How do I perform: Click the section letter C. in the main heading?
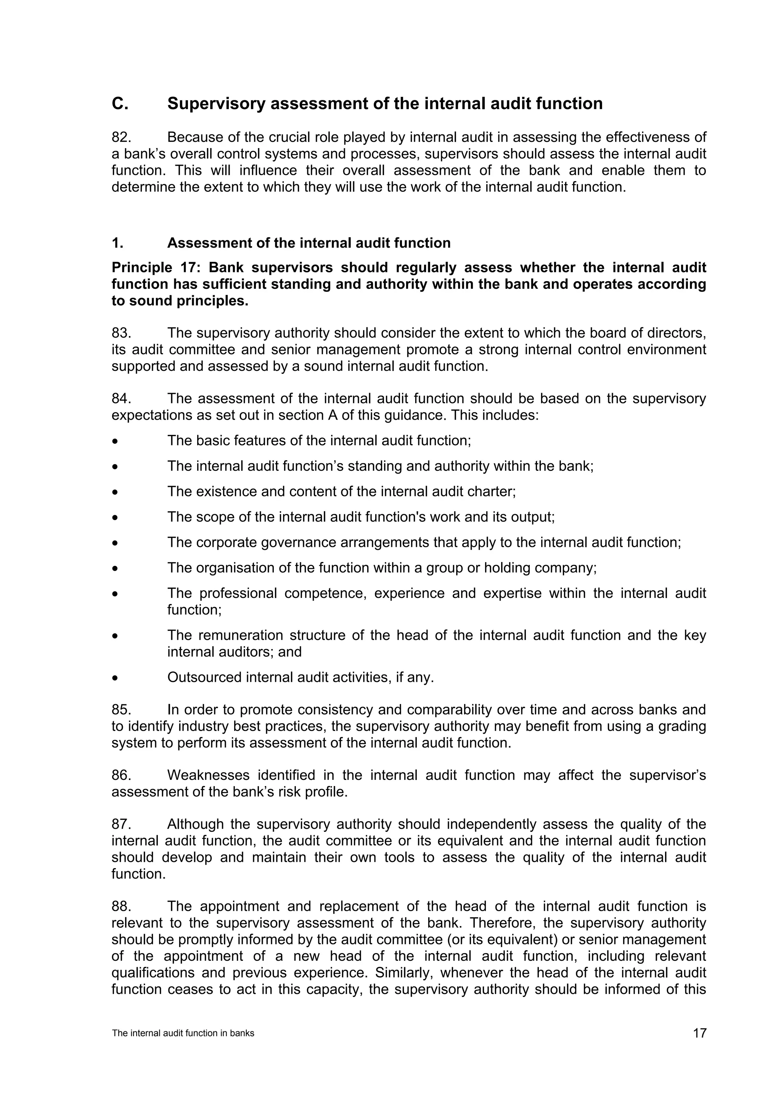(120, 104)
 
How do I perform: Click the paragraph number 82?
(121, 138)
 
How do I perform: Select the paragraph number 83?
(121, 333)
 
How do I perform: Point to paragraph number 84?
(121, 398)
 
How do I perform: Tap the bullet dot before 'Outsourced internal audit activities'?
(114, 678)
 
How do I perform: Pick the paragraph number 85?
(121, 710)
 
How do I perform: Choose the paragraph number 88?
(121, 906)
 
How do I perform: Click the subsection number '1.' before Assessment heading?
(117, 243)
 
